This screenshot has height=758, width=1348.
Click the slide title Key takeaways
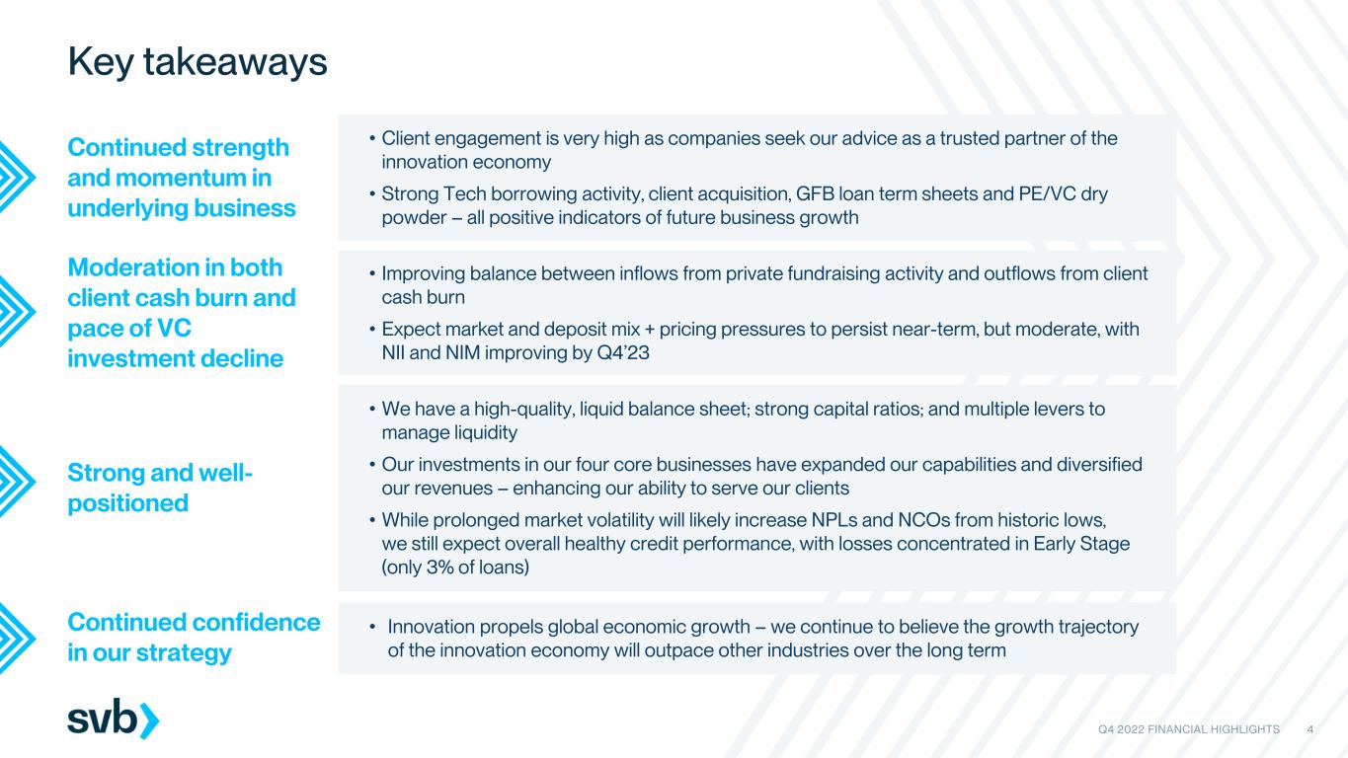[x=198, y=62]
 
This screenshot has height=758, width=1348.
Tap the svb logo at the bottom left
[x=114, y=719]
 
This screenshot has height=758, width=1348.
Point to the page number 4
[x=1310, y=729]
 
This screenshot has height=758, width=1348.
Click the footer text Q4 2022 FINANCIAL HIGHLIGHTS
[x=1189, y=729]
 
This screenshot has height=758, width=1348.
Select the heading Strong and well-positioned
[x=159, y=488]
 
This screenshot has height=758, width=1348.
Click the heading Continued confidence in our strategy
[x=194, y=637]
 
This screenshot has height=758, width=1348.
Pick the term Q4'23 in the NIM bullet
[x=623, y=352]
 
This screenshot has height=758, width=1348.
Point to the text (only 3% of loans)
[x=455, y=568]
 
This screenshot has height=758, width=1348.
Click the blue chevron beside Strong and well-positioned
[x=17, y=482]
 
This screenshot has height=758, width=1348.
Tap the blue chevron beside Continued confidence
[x=17, y=638]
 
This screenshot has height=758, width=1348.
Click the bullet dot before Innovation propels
[x=372, y=628]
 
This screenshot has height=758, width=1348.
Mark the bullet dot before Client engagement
[x=372, y=139]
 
